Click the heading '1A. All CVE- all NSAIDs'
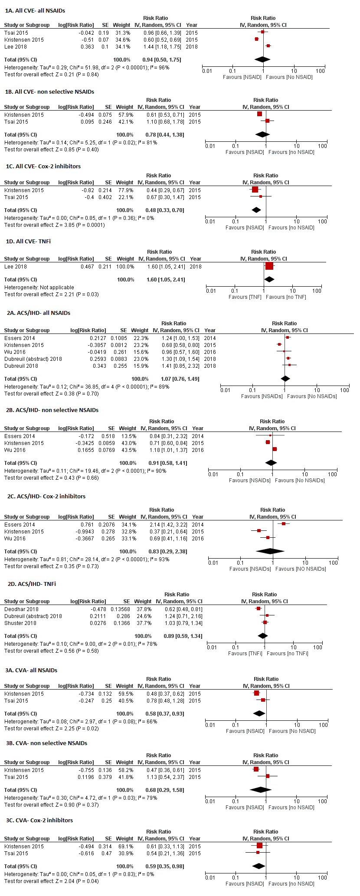(35, 10)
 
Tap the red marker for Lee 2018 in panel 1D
(269, 266)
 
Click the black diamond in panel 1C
(256, 210)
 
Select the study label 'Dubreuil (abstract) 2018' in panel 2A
(33, 359)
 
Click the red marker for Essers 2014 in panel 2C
(284, 524)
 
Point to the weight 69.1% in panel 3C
(125, 846)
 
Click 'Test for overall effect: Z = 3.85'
(54, 225)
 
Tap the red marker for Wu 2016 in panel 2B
(275, 449)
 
